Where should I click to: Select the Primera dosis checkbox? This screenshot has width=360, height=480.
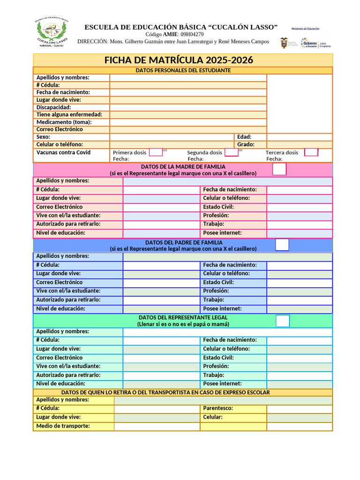tap(156, 152)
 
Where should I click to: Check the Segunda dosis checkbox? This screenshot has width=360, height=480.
tap(231, 152)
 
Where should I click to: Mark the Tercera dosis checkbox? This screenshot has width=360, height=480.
tap(311, 152)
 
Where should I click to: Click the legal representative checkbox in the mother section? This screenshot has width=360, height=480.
tap(279, 169)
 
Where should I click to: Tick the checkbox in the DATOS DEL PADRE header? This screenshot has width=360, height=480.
tap(282, 245)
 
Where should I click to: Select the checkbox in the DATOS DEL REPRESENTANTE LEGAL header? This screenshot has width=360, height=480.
tap(283, 321)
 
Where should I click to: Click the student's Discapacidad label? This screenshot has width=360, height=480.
tap(54, 107)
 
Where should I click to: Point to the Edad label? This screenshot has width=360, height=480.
tap(244, 137)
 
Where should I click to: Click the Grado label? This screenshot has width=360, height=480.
tap(246, 144)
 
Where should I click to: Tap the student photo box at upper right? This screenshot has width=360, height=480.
tap(300, 103)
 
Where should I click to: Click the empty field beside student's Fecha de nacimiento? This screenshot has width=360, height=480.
tap(188, 92)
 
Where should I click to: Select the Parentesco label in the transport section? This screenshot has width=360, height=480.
tap(218, 408)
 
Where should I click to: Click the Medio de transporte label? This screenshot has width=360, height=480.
tap(63, 426)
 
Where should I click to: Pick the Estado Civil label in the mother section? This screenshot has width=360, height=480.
tap(218, 207)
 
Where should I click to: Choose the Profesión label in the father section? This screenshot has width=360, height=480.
tap(216, 291)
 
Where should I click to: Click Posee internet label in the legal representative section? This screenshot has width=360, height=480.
tap(222, 383)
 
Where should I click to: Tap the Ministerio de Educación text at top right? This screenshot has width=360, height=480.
tap(305, 29)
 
